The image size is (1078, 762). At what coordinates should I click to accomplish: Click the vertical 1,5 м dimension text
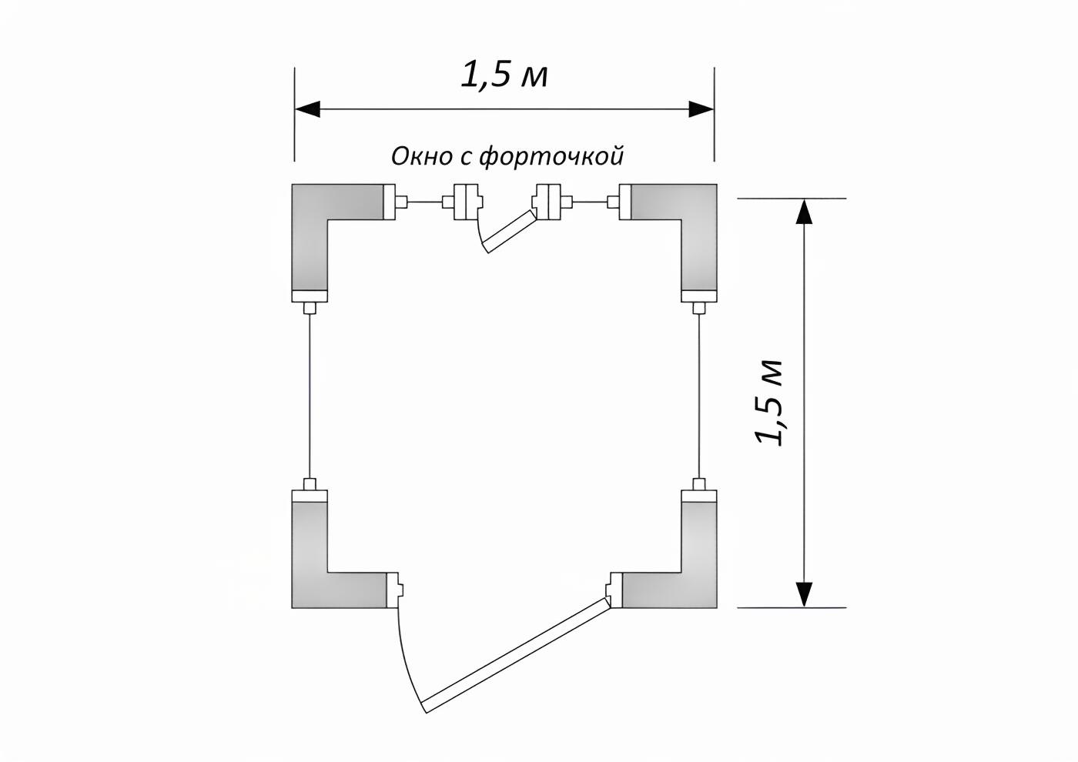point(768,402)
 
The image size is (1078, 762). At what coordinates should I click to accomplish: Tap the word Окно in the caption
point(423,156)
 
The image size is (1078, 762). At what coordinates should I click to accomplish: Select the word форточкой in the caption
point(552,157)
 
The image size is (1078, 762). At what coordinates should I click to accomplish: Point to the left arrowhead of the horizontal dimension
point(307,109)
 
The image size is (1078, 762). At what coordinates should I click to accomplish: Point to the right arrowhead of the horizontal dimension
point(701,109)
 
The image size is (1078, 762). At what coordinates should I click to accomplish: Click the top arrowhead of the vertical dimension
point(804,211)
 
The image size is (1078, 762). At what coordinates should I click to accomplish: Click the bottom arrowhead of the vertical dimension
point(804,594)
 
